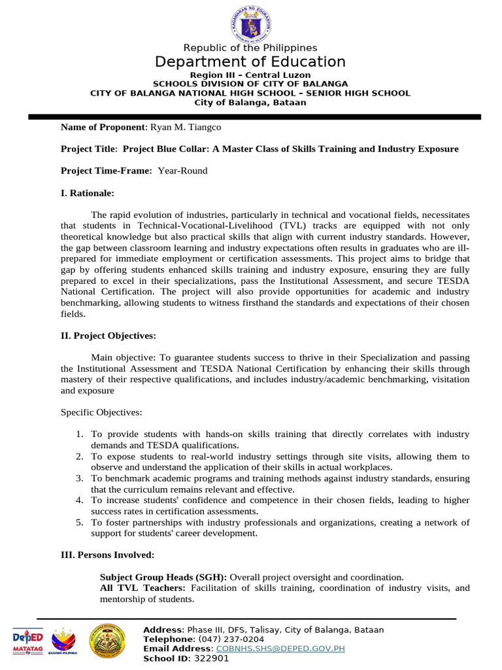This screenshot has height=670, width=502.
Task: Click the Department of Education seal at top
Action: [x=250, y=24]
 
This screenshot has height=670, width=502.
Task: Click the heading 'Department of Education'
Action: [x=250, y=62]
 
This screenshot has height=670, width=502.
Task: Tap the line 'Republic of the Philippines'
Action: [x=250, y=48]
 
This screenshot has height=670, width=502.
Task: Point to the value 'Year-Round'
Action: [x=183, y=171]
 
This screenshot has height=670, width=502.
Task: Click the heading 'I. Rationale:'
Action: [x=88, y=193]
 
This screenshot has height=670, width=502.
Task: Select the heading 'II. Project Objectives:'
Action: [x=109, y=336]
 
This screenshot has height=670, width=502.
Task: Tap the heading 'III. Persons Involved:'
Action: [x=108, y=555]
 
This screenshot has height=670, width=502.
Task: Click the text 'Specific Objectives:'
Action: [x=101, y=413]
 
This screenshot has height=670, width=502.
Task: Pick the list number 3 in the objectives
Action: [x=79, y=478]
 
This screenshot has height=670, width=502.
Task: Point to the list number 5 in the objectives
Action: [x=79, y=522]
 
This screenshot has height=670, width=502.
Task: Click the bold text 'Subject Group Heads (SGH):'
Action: [x=163, y=577]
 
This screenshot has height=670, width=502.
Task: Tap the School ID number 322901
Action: [x=212, y=659]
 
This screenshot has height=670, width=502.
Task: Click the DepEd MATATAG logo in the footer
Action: [x=28, y=641]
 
